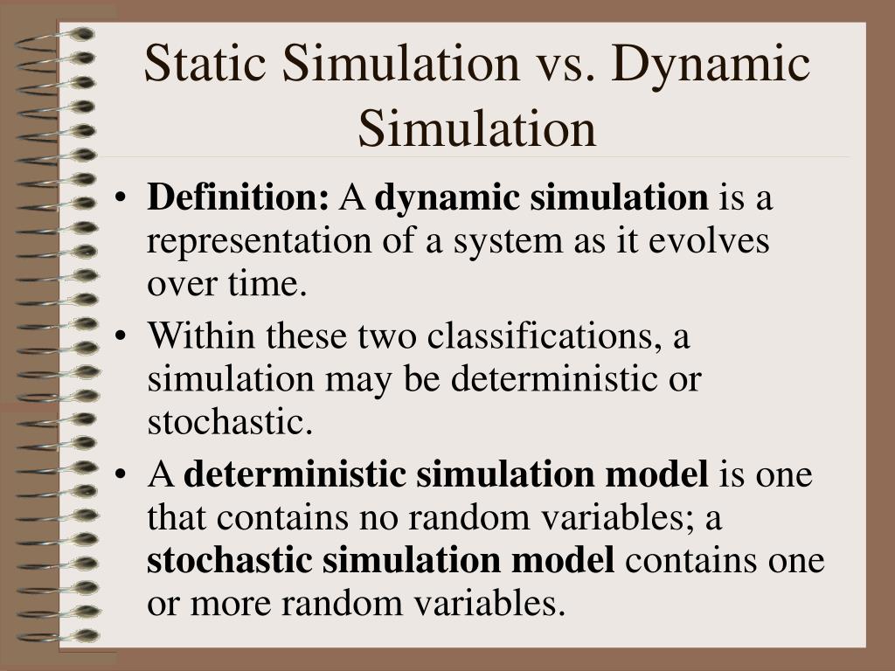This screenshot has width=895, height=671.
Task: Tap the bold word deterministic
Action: point(294,475)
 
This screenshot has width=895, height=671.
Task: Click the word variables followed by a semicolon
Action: point(643,518)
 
